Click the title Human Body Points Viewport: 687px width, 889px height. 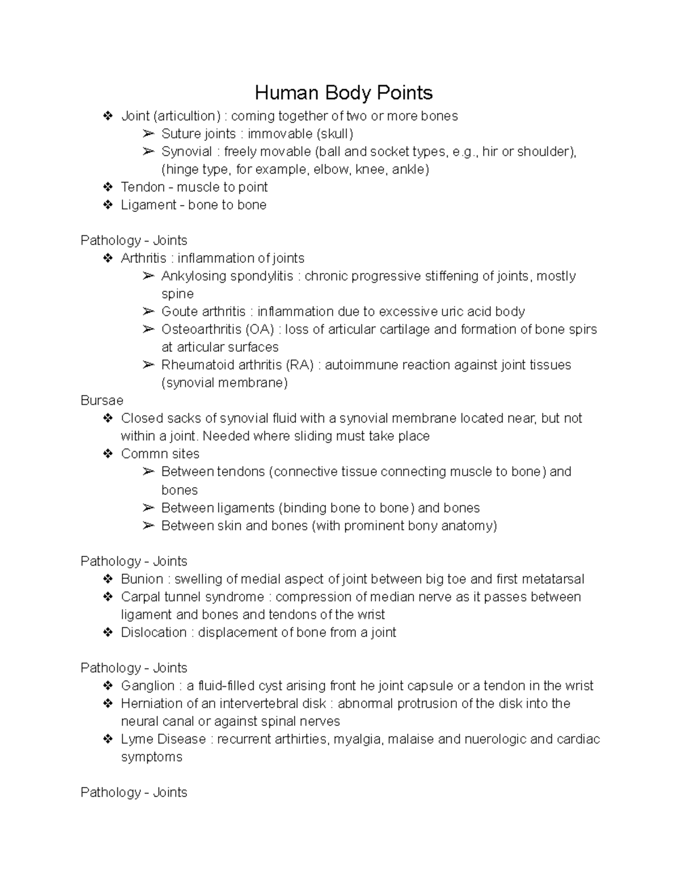[343, 93]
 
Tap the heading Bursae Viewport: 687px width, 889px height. [102, 400]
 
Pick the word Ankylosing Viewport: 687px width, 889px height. [193, 276]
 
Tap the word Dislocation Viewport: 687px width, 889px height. [153, 632]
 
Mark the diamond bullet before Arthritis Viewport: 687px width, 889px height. [107, 258]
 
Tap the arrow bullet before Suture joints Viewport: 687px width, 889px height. [148, 134]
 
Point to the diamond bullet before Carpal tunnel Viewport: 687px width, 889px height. [107, 597]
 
